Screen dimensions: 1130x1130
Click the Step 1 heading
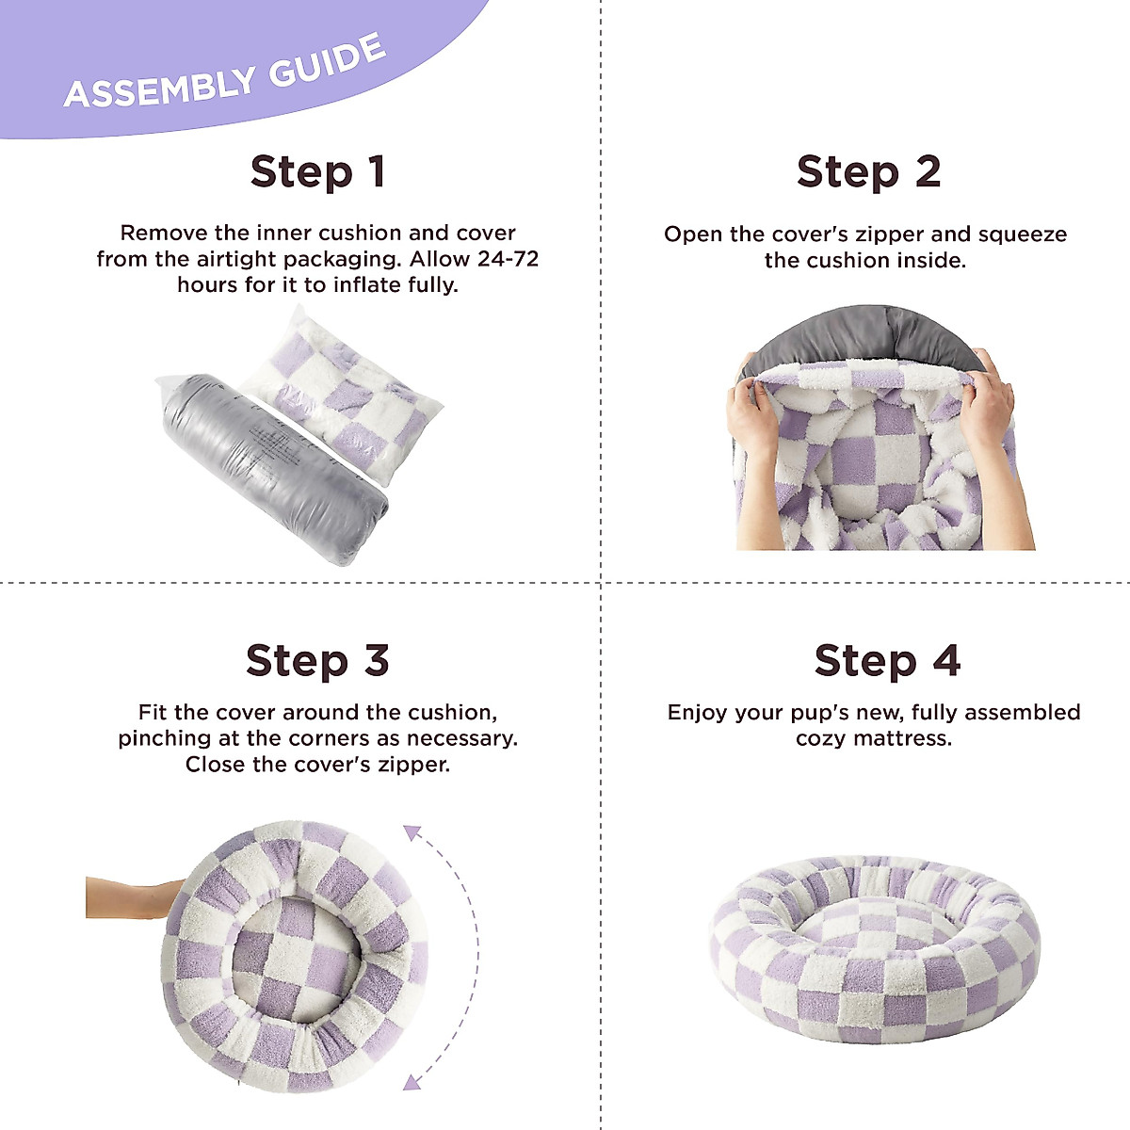317,172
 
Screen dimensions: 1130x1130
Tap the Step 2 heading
868,172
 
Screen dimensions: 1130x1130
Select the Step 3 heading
317,661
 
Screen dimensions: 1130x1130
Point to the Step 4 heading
887,661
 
